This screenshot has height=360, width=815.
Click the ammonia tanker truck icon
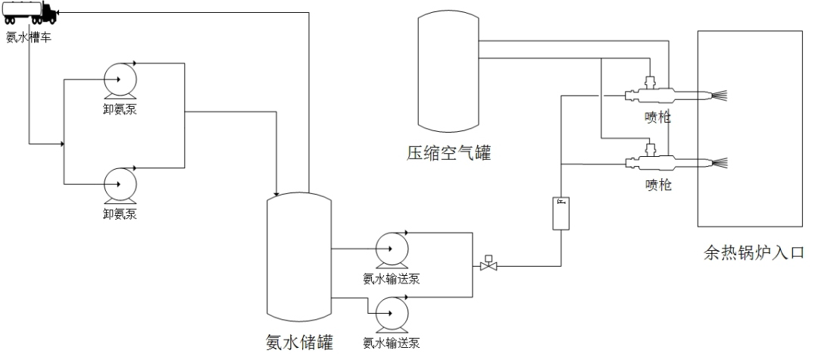tap(29, 13)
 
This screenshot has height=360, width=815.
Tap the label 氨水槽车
tap(29, 37)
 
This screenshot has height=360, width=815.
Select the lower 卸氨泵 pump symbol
tap(120, 183)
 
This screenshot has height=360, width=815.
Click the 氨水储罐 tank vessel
tap(299, 258)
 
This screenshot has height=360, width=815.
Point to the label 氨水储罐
tap(298, 343)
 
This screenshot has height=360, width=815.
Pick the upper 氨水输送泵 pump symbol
tap(392, 249)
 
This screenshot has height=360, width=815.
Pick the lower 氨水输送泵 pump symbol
tap(392, 310)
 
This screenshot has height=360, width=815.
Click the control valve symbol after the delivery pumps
tap(489, 265)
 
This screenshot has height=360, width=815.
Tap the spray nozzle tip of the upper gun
tap(720, 95)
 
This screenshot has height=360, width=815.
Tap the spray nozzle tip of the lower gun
tap(720, 161)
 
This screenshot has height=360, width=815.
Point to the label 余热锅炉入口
tap(750, 252)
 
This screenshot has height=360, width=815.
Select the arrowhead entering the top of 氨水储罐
tap(279, 190)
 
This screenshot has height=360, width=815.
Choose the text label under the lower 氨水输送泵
tap(392, 343)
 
